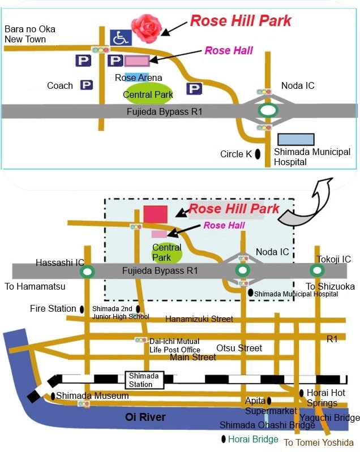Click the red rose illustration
tap(146, 28)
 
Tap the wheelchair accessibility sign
tap(121, 37)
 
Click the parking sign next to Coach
tap(87, 85)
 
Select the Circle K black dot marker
tap(258, 154)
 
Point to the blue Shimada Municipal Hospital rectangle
tap(296, 139)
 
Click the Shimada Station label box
tap(144, 380)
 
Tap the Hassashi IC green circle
tap(87, 272)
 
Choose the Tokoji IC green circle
tap(317, 270)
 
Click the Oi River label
tap(145, 417)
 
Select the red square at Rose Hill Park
tap(156, 214)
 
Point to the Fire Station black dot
tap(82, 309)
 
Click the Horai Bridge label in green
tap(253, 439)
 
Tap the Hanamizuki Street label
tap(199, 319)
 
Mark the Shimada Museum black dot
tap(53, 396)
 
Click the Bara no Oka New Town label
tap(29, 34)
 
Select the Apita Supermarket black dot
tap(269, 401)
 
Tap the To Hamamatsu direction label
tap(35, 287)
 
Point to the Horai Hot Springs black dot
tap(302, 393)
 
